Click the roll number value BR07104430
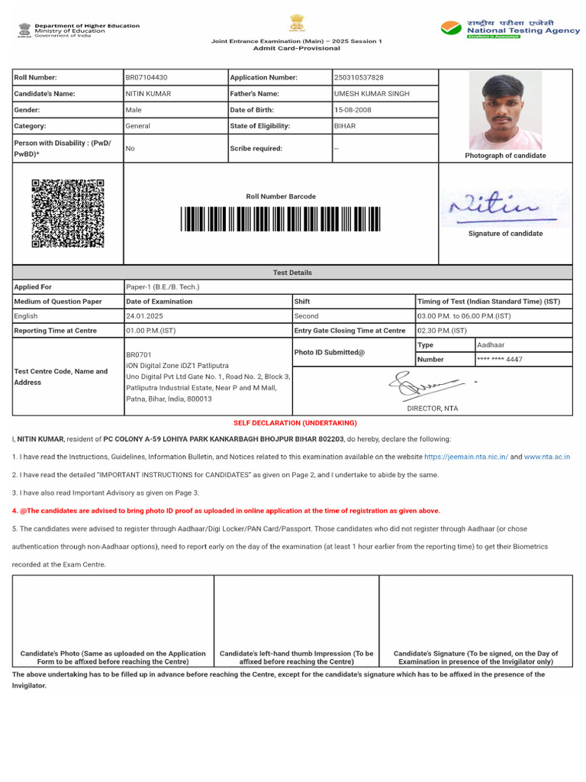click(146, 77)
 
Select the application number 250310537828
click(359, 77)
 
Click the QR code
click(68, 213)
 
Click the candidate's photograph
click(505, 111)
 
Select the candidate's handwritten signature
click(494, 206)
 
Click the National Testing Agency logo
click(510, 29)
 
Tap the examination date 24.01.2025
click(145, 316)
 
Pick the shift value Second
click(307, 316)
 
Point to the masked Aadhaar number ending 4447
click(499, 359)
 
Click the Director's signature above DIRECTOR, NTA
click(427, 385)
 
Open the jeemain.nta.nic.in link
click(465, 457)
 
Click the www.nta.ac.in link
click(546, 457)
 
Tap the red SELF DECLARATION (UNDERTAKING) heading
click(295, 423)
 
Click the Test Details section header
click(292, 273)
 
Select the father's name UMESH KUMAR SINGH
click(372, 94)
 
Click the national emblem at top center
click(297, 23)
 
